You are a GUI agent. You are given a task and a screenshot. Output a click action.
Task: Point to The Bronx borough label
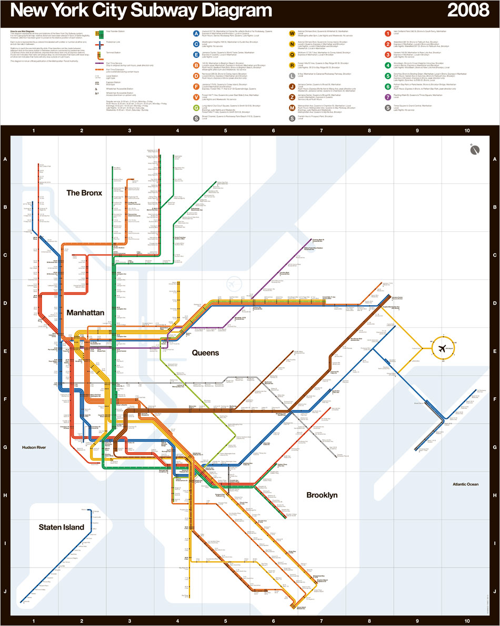click(x=84, y=193)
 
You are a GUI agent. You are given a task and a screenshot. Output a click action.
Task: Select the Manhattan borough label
click(x=85, y=312)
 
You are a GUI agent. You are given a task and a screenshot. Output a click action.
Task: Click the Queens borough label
click(x=205, y=353)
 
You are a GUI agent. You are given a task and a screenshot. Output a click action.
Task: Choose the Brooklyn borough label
click(x=322, y=495)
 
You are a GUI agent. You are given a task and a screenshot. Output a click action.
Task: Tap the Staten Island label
click(x=61, y=527)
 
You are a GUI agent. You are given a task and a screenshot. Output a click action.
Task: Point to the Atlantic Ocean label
click(x=465, y=484)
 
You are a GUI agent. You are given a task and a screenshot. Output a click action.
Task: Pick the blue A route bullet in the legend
click(x=196, y=34)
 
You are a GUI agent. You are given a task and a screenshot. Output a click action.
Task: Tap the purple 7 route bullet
click(x=388, y=97)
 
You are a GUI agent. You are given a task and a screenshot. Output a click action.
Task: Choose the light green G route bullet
click(x=196, y=107)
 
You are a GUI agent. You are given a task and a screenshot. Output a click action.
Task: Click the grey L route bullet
click(x=292, y=76)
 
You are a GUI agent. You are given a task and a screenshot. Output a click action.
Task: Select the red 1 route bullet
click(x=388, y=34)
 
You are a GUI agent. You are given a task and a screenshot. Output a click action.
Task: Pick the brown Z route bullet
click(x=292, y=97)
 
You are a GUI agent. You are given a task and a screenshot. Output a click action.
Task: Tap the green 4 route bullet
click(x=388, y=65)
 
